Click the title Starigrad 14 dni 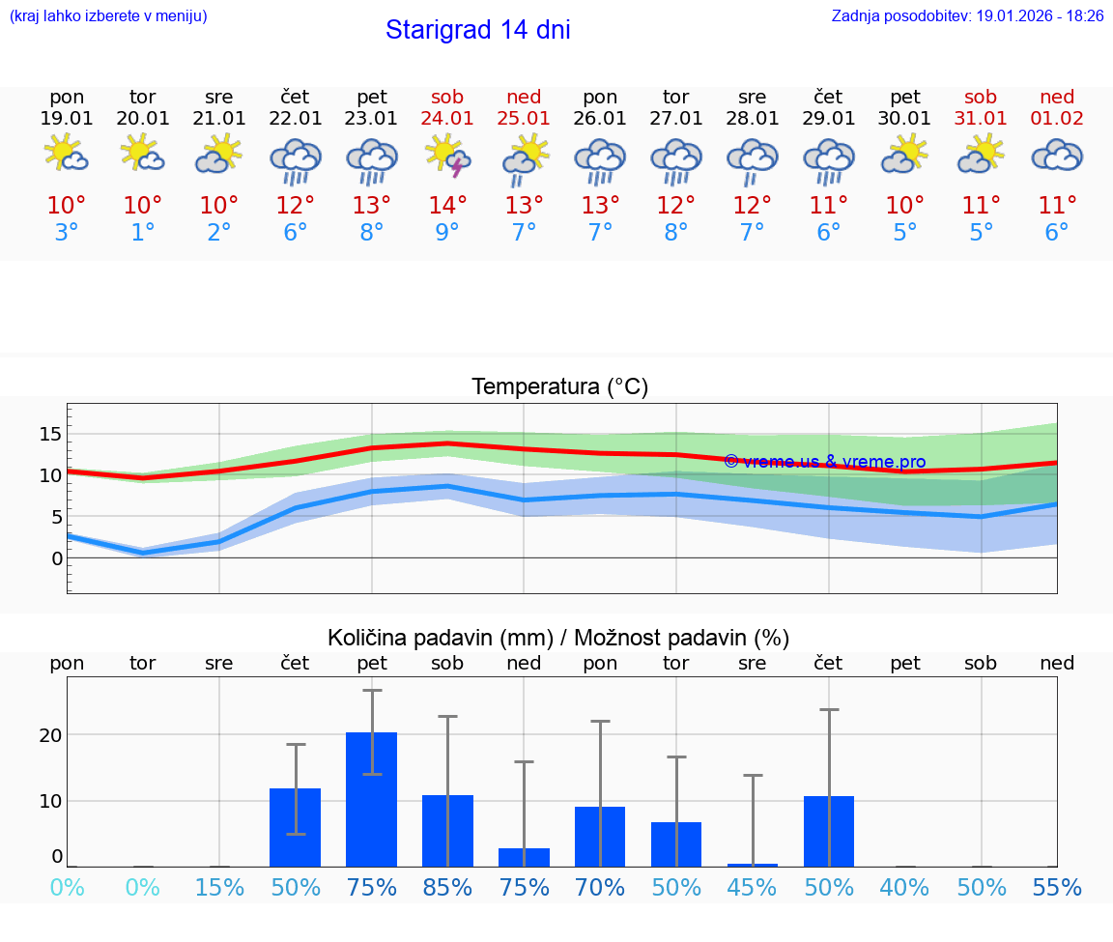(477, 30)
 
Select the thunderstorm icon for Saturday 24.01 (447, 156)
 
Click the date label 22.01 (296, 119)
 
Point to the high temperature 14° (447, 206)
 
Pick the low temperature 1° (143, 233)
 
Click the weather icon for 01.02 (1057, 156)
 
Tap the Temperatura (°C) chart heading (559, 387)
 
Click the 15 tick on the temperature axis (50, 434)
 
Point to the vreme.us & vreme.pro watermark (824, 462)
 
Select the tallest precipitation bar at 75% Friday (372, 799)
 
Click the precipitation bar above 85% (447, 830)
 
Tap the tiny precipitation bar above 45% (753, 865)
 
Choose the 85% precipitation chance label (447, 888)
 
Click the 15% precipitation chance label (219, 888)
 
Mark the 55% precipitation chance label (1057, 888)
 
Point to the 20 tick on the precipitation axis (50, 735)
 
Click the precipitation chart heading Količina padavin (558, 638)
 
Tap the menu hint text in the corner (108, 15)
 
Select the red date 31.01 (981, 119)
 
